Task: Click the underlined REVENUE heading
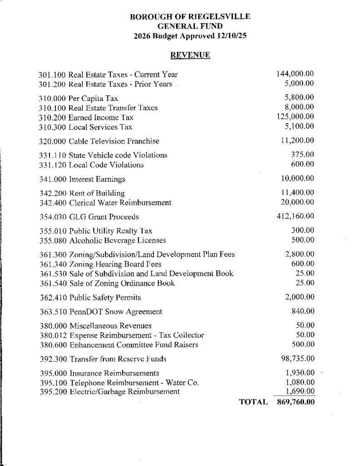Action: pyautogui.click(x=190, y=55)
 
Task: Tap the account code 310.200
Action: pyautogui.click(x=52, y=117)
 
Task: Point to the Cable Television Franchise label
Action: pyautogui.click(x=114, y=141)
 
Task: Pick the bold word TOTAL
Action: pyautogui.click(x=250, y=402)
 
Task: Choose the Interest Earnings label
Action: pyautogui.click(x=97, y=179)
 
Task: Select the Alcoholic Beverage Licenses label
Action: pyautogui.click(x=117, y=240)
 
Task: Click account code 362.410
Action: pyautogui.click(x=52, y=298)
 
